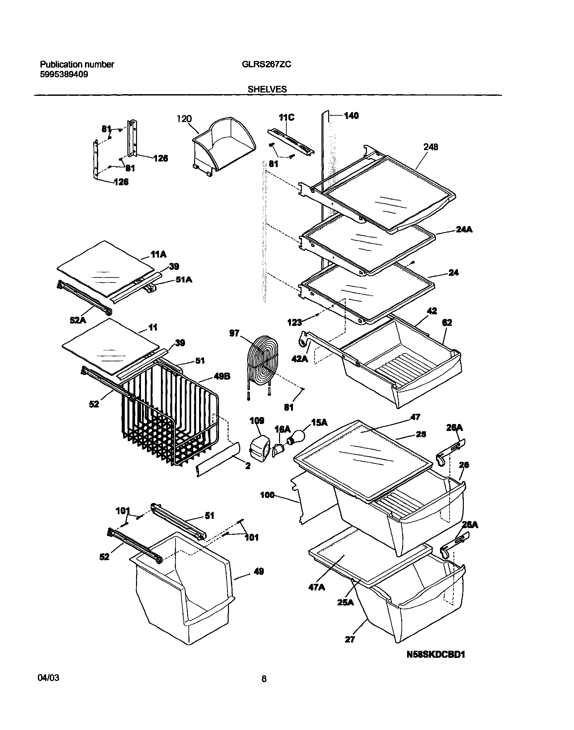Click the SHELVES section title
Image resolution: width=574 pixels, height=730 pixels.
point(267,89)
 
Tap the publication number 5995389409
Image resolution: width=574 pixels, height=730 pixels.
point(64,75)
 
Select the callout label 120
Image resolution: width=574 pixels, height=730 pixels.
point(184,119)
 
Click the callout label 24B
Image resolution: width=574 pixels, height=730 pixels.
point(431,147)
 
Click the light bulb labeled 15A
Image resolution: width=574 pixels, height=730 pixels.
point(295,439)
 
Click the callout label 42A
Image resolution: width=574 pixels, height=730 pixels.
point(300,359)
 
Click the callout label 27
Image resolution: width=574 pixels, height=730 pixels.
point(350,639)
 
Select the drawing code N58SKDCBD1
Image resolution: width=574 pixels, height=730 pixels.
point(436,654)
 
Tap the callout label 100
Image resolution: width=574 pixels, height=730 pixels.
point(267,495)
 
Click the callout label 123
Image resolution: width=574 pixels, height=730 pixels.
point(294,323)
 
